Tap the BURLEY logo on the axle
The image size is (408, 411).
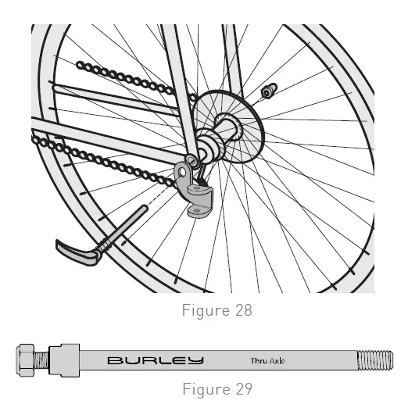click(156, 361)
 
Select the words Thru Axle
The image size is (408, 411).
click(268, 361)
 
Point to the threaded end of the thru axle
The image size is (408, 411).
click(376, 361)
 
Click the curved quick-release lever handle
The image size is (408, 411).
click(78, 252)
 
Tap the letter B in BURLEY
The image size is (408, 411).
click(114, 361)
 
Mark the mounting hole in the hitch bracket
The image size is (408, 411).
click(184, 166)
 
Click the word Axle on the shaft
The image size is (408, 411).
click(278, 361)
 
